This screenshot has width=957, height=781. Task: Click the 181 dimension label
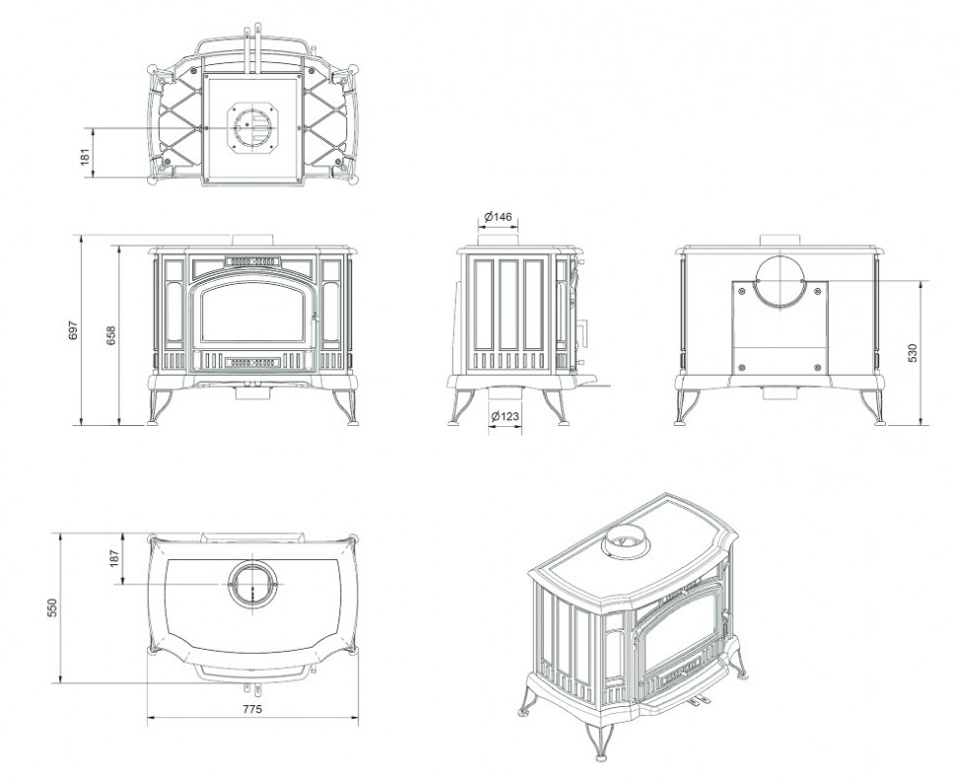tap(86, 156)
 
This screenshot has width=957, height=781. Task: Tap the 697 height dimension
tap(74, 330)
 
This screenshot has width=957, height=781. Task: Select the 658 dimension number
tap(111, 335)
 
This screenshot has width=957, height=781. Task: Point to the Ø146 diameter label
tap(498, 217)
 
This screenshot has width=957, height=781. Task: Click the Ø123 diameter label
tap(505, 416)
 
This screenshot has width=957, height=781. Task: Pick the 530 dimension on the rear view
tap(913, 353)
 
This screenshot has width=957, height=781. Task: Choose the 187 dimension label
tap(114, 558)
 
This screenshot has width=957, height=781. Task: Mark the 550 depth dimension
tap(52, 607)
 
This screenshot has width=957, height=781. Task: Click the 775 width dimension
tap(252, 709)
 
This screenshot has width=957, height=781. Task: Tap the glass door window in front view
tap(253, 313)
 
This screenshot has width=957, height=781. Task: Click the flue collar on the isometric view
tap(626, 541)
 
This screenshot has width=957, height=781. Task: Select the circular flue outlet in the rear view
tap(780, 282)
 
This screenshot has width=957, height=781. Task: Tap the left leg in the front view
tap(158, 407)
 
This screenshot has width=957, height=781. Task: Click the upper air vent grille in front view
tap(253, 261)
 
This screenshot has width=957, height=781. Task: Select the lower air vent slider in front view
tap(253, 363)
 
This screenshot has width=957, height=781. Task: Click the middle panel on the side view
tap(508, 305)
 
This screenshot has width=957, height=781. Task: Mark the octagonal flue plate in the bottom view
tap(253, 128)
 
